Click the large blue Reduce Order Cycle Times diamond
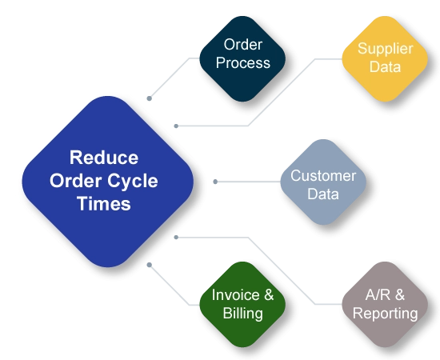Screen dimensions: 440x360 tap(108, 182)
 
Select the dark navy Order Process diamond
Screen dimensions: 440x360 tap(242, 59)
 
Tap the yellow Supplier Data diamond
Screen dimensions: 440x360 tap(385, 59)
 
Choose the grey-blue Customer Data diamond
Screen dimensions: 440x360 tap(323, 182)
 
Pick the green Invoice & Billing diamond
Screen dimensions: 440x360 tap(242, 305)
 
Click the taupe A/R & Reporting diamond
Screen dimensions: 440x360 tap(385, 305)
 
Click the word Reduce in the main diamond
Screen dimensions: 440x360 tap(104, 158)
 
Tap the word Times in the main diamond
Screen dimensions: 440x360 tap(104, 203)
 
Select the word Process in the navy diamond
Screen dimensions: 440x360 tap(243, 63)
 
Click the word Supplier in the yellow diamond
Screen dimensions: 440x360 tap(386, 49)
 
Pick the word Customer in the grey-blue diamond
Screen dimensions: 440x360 tap(323, 176)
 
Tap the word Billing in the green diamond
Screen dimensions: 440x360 tap(242, 314)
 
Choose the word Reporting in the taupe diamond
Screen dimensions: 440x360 tap(386, 314)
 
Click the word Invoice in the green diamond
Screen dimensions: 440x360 tap(235, 295)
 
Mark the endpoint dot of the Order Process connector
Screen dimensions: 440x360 tap(150, 98)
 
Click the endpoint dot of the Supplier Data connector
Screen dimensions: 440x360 tap(176, 126)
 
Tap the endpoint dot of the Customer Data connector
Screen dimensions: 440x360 tap(215, 182)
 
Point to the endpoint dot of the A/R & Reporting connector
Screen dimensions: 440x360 tap(176, 238)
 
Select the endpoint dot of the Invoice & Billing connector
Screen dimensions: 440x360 tap(150, 265)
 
